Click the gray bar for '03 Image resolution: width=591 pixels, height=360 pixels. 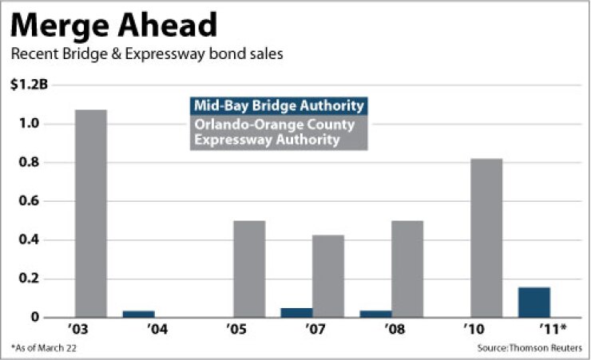click(x=90, y=213)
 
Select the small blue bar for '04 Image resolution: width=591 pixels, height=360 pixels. click(x=138, y=314)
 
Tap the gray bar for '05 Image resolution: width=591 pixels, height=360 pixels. click(x=249, y=269)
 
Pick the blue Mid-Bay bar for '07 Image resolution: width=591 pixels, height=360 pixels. click(x=296, y=312)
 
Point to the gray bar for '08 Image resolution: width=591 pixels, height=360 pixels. click(x=407, y=269)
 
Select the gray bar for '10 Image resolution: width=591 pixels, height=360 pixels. click(x=486, y=238)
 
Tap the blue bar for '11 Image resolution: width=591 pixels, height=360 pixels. click(x=534, y=302)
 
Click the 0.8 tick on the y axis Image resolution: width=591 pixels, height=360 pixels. click(x=29, y=163)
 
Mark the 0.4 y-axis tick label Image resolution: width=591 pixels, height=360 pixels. click(x=29, y=240)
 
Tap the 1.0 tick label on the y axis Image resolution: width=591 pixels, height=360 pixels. click(x=29, y=125)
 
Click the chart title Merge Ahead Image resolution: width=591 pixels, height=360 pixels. click(x=113, y=26)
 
